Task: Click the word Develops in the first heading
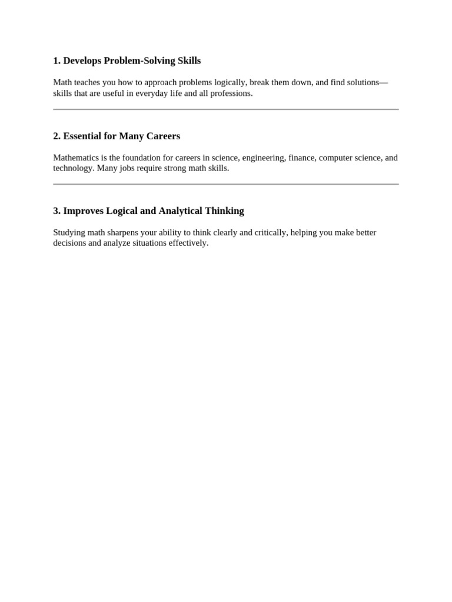[x=82, y=61]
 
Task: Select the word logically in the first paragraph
[x=230, y=82]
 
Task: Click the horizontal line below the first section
[x=226, y=109]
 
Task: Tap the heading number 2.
[x=56, y=136]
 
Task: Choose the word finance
[x=302, y=158]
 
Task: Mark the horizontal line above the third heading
[x=226, y=184]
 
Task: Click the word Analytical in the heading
[x=180, y=210]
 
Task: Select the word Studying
[x=69, y=232]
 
